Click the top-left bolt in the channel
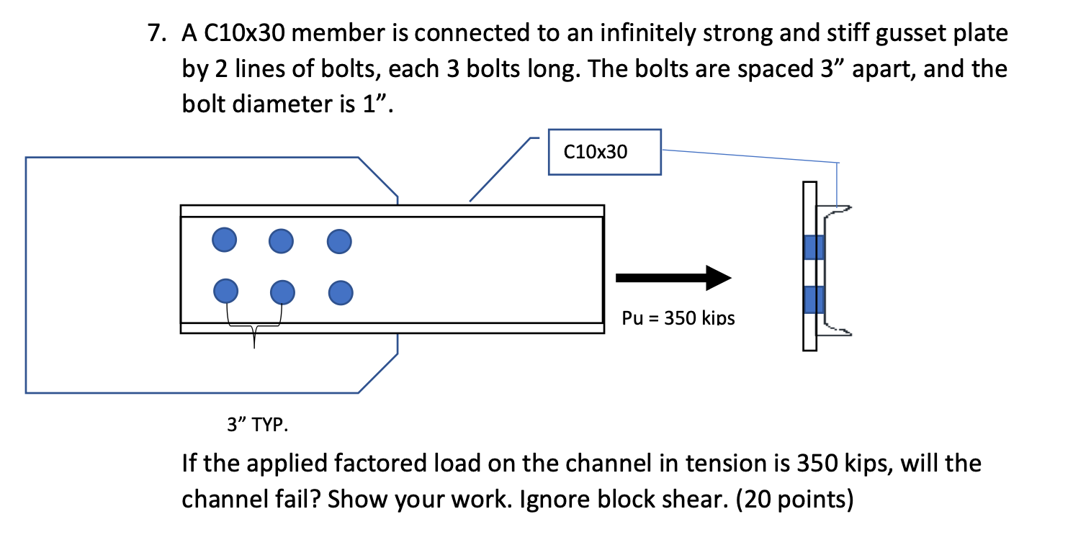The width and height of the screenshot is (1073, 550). coord(225,239)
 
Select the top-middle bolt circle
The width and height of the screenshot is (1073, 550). coord(282,241)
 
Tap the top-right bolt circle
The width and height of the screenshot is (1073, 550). coord(338,241)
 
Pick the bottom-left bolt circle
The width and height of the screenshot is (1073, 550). coord(226,291)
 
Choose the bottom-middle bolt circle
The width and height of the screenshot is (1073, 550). coord(283,292)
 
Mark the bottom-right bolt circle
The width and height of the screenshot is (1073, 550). coord(340,292)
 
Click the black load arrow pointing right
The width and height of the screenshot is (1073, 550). coord(673,278)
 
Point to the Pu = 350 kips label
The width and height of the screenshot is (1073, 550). coord(678,317)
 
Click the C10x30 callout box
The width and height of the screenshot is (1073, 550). coord(604,152)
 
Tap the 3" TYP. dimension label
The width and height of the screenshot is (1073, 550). coord(257,425)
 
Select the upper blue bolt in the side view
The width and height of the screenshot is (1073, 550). coord(814,247)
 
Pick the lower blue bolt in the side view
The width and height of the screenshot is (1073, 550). coord(814,299)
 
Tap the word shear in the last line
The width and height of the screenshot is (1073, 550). coord(686,498)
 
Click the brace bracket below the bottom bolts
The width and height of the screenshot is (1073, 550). coord(254,328)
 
